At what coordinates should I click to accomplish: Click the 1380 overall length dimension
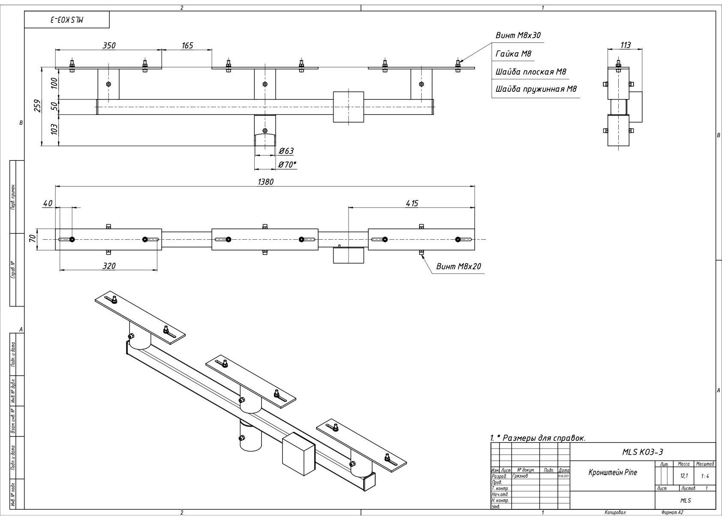pyautogui.click(x=265, y=181)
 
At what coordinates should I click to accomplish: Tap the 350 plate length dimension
pyautogui.click(x=109, y=45)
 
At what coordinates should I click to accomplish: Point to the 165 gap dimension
pyautogui.click(x=187, y=45)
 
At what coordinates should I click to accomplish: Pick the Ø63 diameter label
pyautogui.click(x=286, y=151)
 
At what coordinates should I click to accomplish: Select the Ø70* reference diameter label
pyautogui.click(x=287, y=164)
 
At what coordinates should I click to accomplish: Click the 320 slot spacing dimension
pyautogui.click(x=109, y=266)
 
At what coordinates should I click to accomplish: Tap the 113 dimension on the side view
pyautogui.click(x=626, y=45)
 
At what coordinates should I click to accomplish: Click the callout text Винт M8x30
pyautogui.click(x=518, y=36)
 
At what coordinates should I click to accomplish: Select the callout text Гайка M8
pyautogui.click(x=513, y=54)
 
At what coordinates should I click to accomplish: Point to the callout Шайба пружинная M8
pyautogui.click(x=536, y=89)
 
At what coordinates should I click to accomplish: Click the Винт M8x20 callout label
pyautogui.click(x=458, y=266)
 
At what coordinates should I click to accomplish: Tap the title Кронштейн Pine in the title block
pyautogui.click(x=612, y=473)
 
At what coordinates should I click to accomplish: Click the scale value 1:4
pyautogui.click(x=704, y=476)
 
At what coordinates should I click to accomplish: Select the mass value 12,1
pyautogui.click(x=684, y=476)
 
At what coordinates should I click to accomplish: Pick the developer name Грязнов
pyautogui.click(x=520, y=476)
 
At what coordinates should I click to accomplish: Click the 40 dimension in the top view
pyautogui.click(x=48, y=203)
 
